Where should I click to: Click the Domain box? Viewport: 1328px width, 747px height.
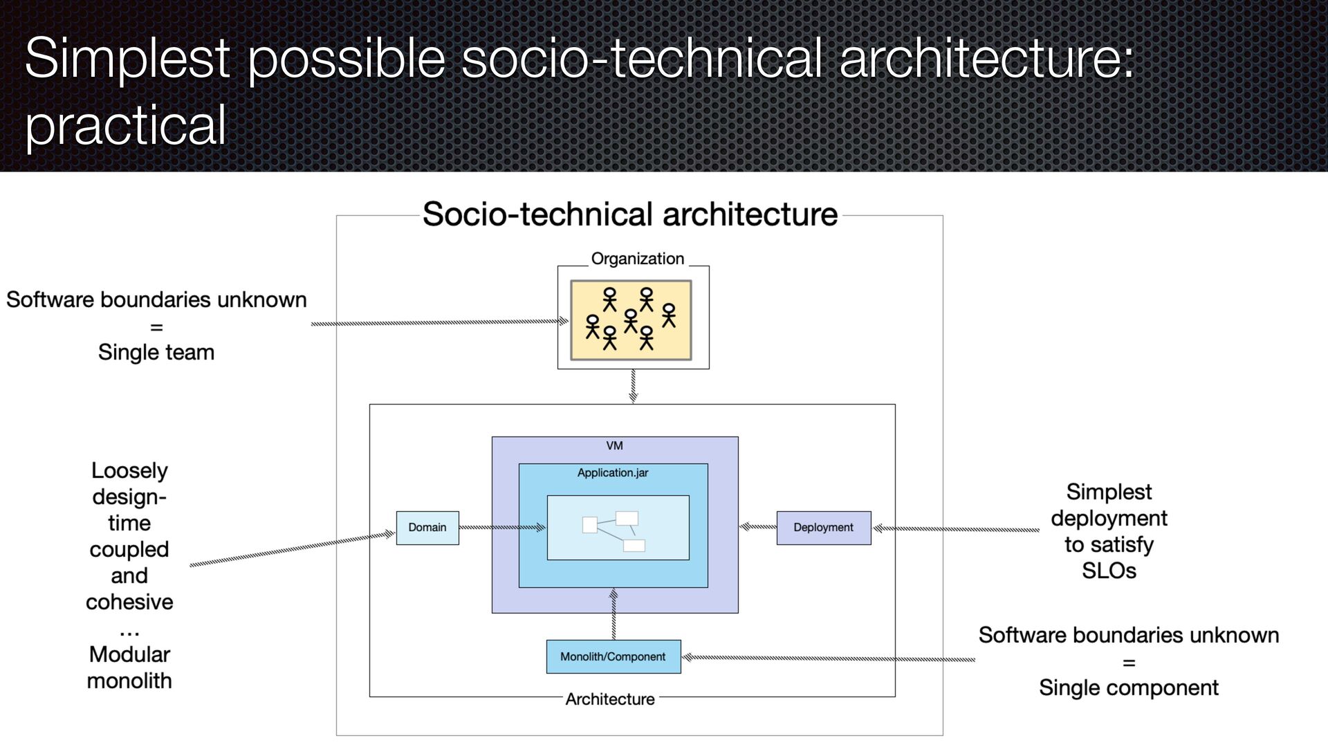pyautogui.click(x=427, y=528)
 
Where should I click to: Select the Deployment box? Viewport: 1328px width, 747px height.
pyautogui.click(x=823, y=528)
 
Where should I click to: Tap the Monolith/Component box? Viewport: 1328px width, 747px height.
pyautogui.click(x=613, y=656)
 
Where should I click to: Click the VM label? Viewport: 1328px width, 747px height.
pyautogui.click(x=614, y=446)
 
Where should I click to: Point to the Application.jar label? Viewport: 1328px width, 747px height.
pyautogui.click(x=613, y=473)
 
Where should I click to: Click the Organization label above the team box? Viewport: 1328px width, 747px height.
pyautogui.click(x=637, y=259)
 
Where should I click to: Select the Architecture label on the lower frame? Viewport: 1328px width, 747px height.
pyautogui.click(x=610, y=699)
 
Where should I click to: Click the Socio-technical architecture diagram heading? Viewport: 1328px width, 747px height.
pyautogui.click(x=629, y=214)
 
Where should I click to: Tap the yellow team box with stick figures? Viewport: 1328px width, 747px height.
pyautogui.click(x=631, y=320)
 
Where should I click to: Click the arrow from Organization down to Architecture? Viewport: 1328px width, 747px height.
pyautogui.click(x=633, y=386)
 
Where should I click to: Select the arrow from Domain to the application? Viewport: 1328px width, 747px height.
pyautogui.click(x=502, y=528)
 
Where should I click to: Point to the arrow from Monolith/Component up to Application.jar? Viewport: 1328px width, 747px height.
pyautogui.click(x=614, y=614)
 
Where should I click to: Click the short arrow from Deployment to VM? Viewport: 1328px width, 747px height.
pyautogui.click(x=758, y=527)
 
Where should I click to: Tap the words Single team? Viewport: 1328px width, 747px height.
pyautogui.click(x=156, y=353)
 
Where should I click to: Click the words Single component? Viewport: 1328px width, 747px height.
pyautogui.click(x=1128, y=688)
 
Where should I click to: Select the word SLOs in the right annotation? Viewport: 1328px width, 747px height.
pyautogui.click(x=1109, y=571)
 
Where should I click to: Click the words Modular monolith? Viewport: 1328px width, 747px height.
pyautogui.click(x=129, y=667)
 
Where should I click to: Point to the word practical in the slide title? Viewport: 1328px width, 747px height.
pyautogui.click(x=126, y=125)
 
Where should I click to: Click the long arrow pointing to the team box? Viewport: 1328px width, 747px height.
pyautogui.click(x=439, y=322)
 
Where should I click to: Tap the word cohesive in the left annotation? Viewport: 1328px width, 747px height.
pyautogui.click(x=129, y=602)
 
